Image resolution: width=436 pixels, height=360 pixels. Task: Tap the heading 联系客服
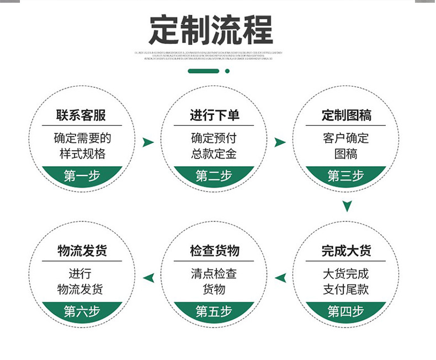(81, 115)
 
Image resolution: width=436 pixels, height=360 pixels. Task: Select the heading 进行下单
(214, 115)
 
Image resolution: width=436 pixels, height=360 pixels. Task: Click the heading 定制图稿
(346, 115)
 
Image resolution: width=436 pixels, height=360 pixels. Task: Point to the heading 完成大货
(346, 251)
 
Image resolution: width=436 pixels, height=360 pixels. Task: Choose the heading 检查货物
(214, 251)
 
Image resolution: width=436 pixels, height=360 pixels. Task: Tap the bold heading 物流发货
(82, 251)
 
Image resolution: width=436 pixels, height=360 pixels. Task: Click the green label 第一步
(82, 176)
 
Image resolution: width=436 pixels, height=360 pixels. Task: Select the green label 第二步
(214, 176)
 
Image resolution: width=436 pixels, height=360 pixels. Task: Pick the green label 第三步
(346, 176)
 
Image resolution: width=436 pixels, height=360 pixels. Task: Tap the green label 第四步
(346, 311)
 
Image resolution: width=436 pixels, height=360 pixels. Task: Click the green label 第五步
(214, 311)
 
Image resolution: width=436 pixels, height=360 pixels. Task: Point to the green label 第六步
(82, 311)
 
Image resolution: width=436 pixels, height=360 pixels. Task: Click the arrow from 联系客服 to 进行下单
(148, 142)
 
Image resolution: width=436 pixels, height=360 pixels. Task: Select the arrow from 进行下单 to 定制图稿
(280, 142)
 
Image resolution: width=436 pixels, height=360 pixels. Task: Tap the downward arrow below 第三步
(347, 206)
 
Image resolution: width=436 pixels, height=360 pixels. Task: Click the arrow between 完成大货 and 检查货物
(280, 278)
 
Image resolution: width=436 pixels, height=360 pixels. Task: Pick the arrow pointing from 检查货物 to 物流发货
(148, 278)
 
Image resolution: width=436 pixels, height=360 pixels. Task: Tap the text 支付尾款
(346, 289)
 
